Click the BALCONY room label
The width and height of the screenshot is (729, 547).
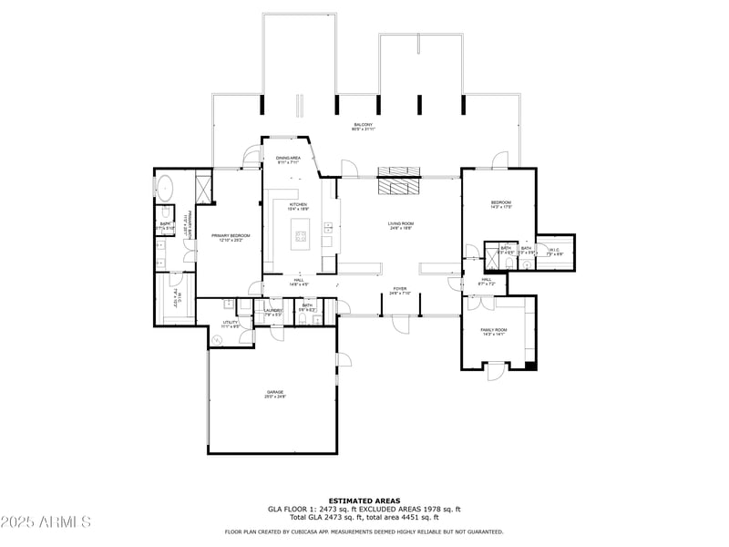363,124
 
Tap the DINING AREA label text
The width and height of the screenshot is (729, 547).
288,158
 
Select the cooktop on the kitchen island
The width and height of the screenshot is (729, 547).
299,239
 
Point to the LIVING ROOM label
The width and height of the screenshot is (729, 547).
401,223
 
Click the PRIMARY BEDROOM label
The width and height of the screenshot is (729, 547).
231,236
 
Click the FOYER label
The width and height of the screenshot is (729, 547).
400,288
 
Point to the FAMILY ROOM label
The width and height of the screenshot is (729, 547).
493,329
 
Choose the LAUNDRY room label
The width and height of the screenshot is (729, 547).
273,310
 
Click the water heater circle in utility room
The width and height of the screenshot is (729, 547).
217,341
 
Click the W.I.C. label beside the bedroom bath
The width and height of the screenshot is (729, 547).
554,248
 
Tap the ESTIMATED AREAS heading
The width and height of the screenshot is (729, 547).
364,501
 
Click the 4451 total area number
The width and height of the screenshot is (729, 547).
420,517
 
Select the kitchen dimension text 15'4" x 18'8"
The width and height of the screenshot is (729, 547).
298,209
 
